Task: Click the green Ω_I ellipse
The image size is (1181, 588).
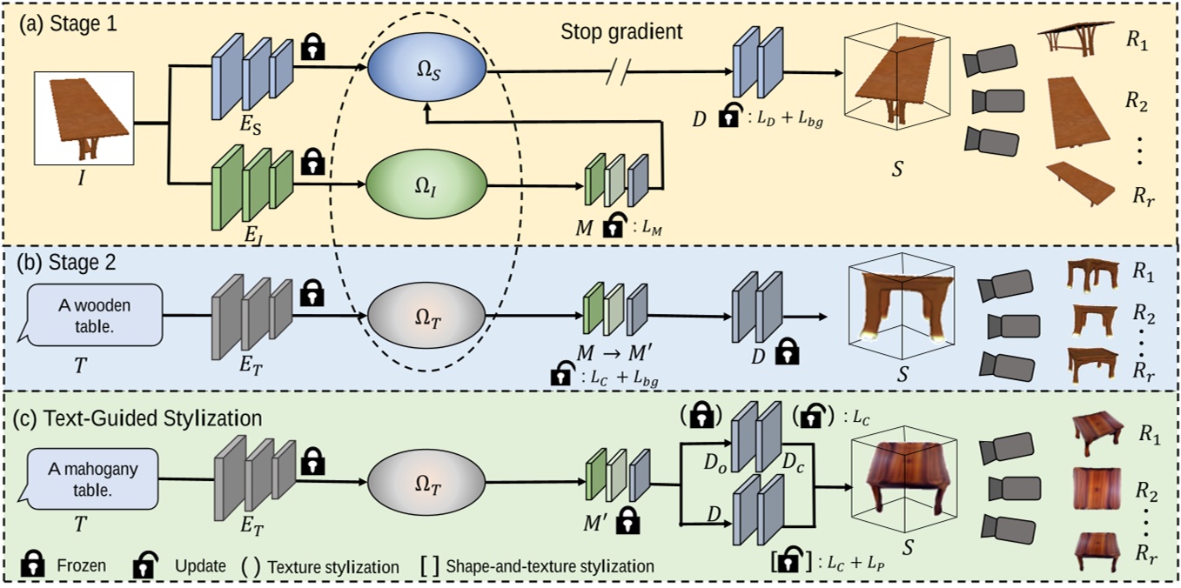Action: [x=422, y=184]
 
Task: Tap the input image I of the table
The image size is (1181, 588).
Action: [x=84, y=119]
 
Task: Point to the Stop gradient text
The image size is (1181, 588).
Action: [x=621, y=32]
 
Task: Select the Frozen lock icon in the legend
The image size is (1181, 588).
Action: [x=35, y=565]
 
